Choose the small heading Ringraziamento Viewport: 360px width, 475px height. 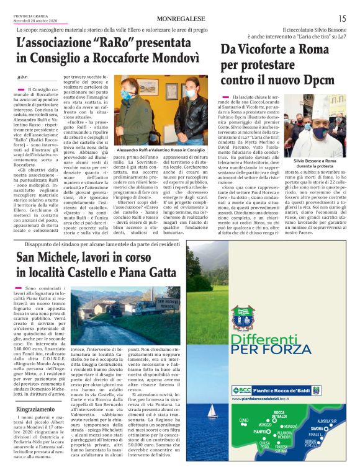35,410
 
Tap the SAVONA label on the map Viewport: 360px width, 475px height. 316,428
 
